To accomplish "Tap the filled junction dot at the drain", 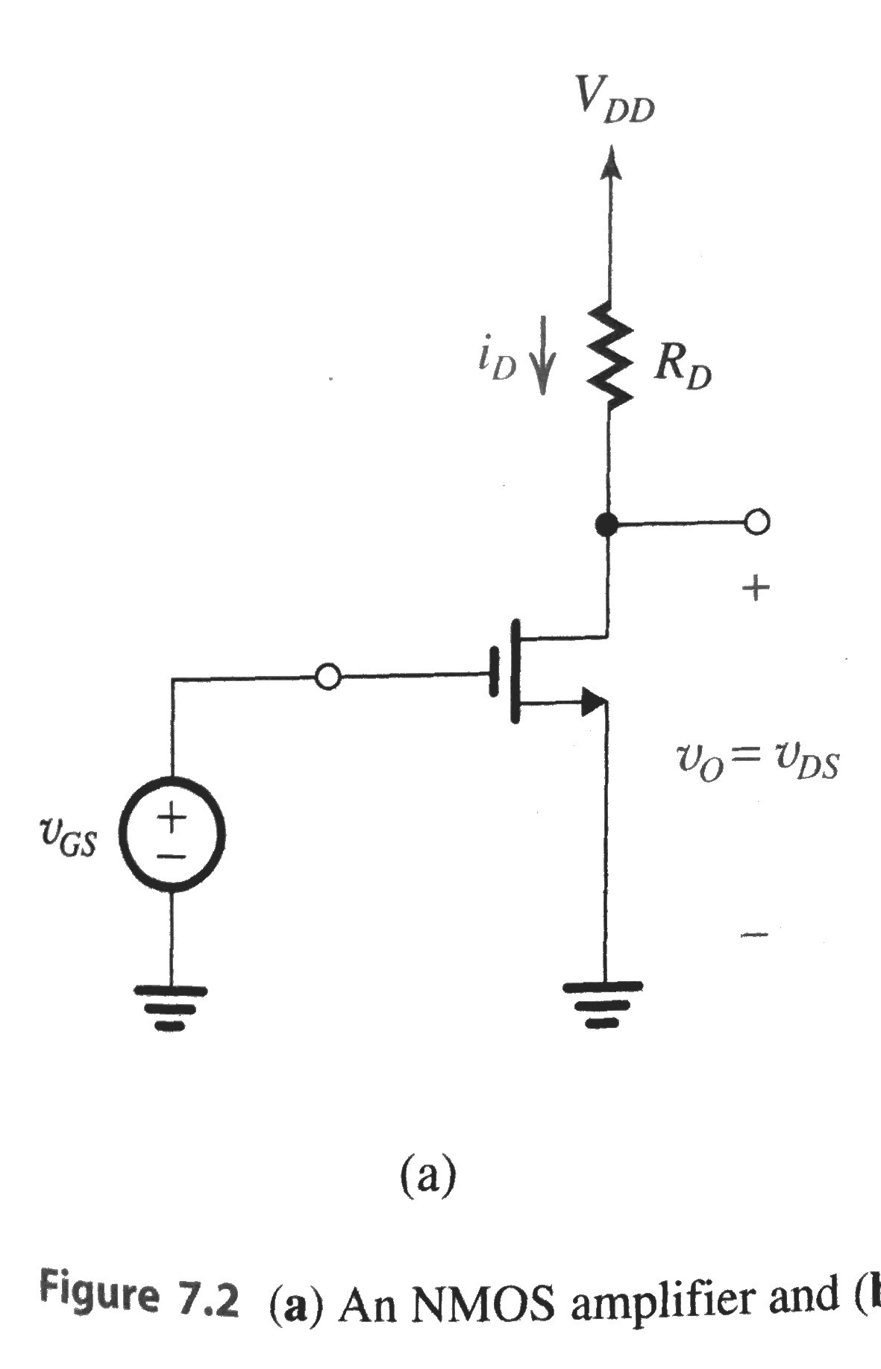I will click(606, 525).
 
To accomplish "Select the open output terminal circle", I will click(756, 523).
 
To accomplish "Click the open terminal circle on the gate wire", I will click(328, 677).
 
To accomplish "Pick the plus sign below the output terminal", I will click(756, 589).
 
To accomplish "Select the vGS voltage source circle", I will click(172, 834).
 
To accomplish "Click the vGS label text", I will click(67, 839).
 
